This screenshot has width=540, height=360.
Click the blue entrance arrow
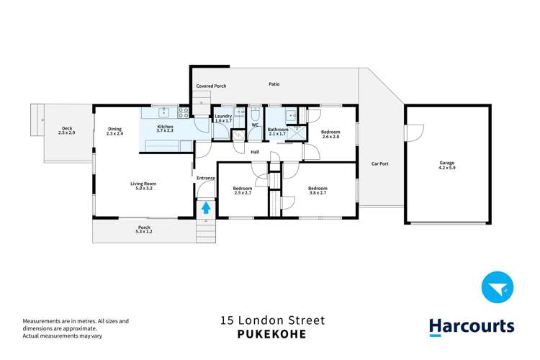point(206,209)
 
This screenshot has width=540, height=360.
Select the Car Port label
point(379,164)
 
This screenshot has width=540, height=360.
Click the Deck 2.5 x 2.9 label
point(66,132)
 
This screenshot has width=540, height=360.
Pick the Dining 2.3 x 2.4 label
point(115,132)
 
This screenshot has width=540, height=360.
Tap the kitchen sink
point(163,112)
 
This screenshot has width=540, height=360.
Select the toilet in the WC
point(256,114)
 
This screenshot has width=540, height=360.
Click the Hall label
point(255,152)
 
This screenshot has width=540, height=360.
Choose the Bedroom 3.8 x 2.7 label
point(318,191)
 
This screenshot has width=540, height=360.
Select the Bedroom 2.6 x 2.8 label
point(330,135)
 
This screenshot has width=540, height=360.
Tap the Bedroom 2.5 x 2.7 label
point(242,191)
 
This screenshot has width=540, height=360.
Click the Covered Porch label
point(211,86)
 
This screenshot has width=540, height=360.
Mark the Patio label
point(274,84)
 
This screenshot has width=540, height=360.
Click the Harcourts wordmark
point(472,326)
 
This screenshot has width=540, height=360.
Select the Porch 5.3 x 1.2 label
point(143,230)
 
